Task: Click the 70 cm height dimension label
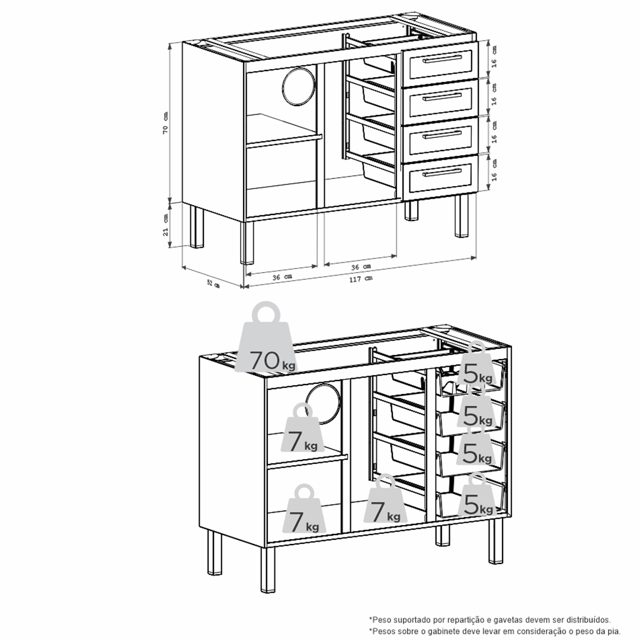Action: [165, 123]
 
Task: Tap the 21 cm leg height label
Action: [165, 225]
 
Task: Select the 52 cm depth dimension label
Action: [213, 283]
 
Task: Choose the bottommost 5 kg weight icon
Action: [475, 495]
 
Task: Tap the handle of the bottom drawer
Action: [443, 173]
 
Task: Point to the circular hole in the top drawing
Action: [299, 84]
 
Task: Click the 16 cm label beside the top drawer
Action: [494, 57]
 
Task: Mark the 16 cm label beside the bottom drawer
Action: [494, 170]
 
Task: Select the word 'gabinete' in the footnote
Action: [441, 631]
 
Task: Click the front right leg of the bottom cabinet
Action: [495, 540]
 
